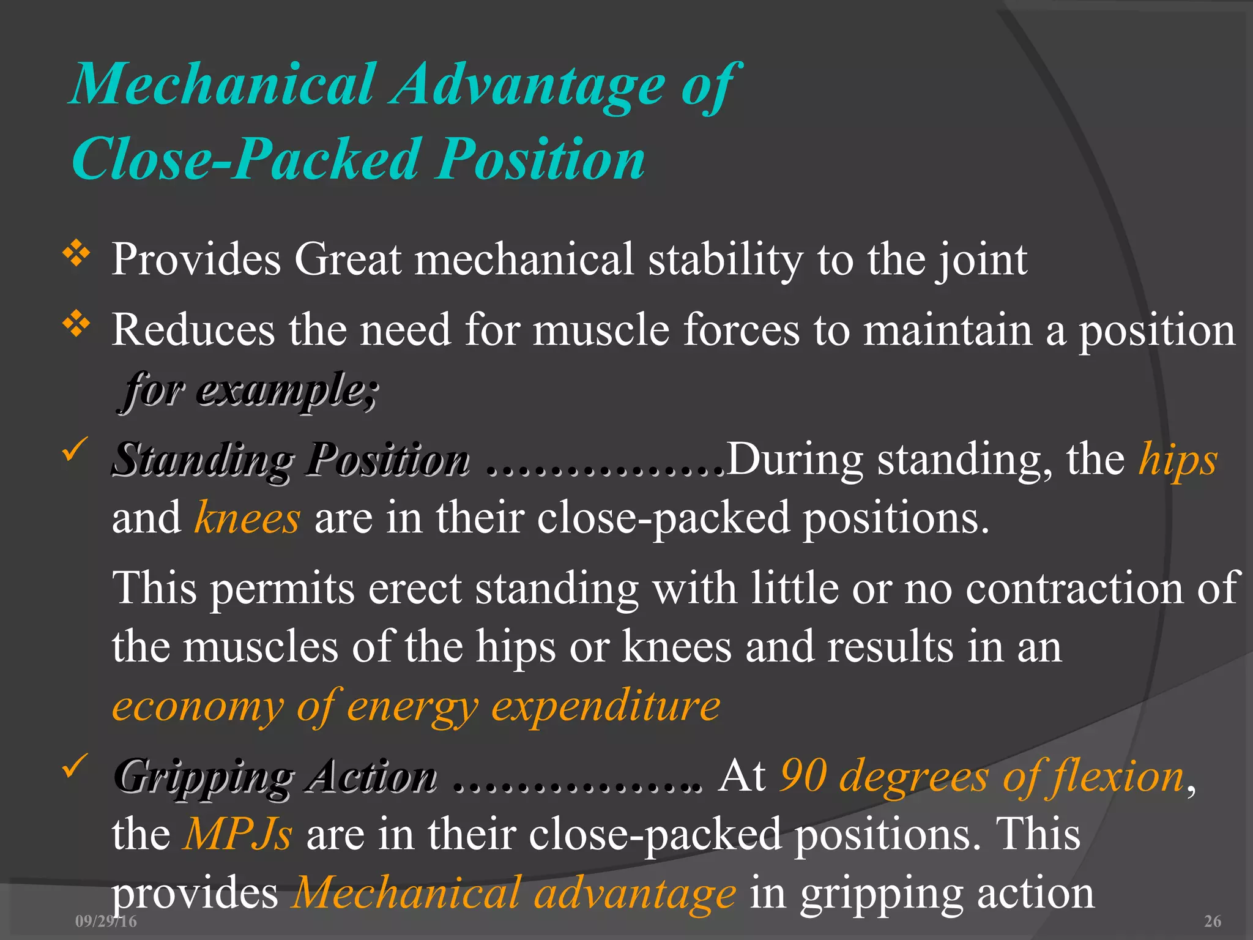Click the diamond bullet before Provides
76,253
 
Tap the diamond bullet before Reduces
76,324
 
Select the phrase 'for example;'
249,390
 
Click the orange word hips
1178,460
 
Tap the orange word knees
247,518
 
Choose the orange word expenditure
606,706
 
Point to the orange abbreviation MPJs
238,834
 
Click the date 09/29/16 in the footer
106,921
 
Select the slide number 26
1212,921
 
